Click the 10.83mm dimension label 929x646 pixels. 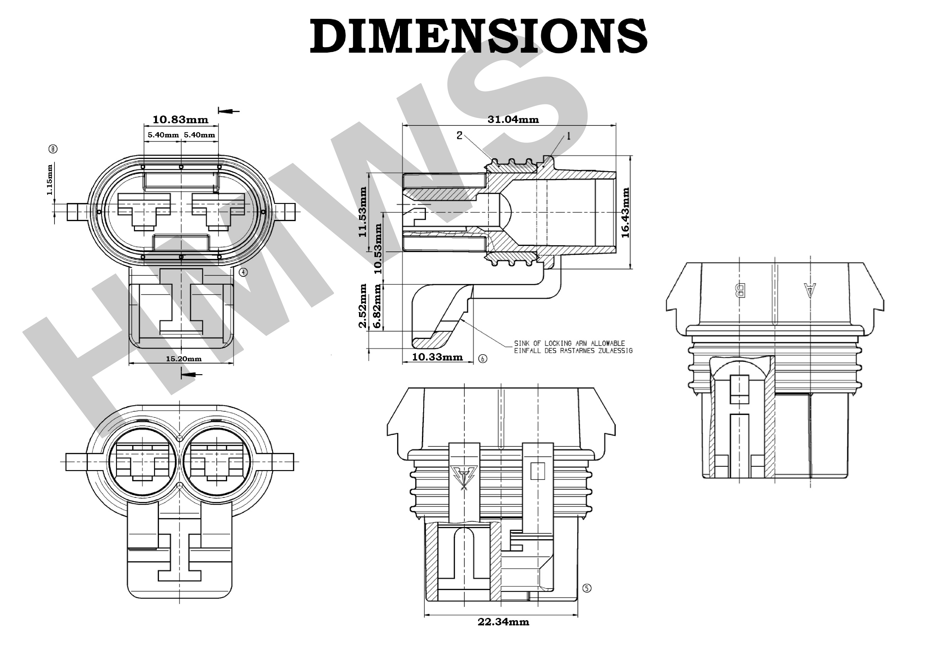coord(180,120)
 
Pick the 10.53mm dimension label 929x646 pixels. coord(378,248)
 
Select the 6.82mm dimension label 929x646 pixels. coord(377,306)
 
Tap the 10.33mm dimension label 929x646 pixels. coord(437,357)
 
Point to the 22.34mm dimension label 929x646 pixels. coord(503,622)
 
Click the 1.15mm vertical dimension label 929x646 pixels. coord(49,179)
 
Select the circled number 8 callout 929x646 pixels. coord(53,149)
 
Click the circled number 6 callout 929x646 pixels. coord(483,358)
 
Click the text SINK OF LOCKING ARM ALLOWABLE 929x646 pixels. coord(569,343)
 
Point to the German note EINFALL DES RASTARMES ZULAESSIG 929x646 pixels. coord(573,351)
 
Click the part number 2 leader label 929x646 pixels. coord(459,135)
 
